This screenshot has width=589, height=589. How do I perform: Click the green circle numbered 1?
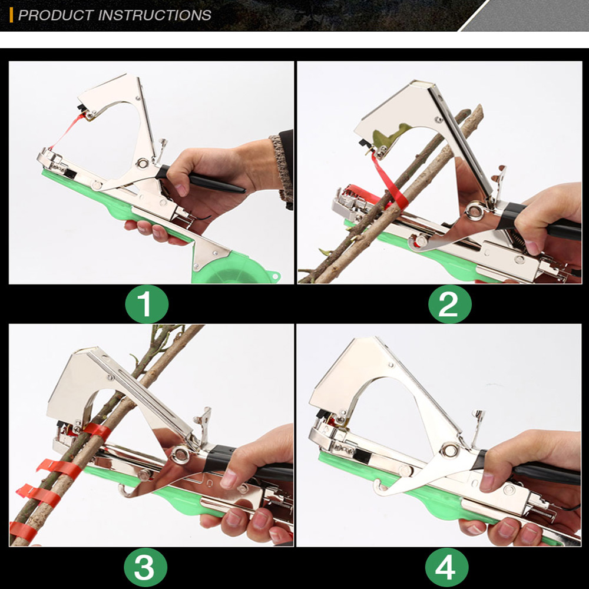click(x=147, y=304)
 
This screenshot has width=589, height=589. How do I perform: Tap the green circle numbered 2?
click(x=449, y=304)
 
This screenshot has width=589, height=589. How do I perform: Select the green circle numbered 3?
click(x=145, y=567)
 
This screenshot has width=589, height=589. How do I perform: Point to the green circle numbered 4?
click(x=447, y=567)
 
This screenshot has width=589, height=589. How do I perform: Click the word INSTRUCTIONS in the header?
click(x=154, y=15)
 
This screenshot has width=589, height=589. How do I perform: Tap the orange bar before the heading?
click(x=11, y=15)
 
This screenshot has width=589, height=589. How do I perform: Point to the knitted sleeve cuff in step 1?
click(x=284, y=169)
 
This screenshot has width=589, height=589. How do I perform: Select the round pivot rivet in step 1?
click(x=143, y=163)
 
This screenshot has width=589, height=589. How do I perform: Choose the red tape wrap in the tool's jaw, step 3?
click(x=97, y=432)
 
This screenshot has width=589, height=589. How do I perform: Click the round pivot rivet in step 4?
click(x=449, y=449)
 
